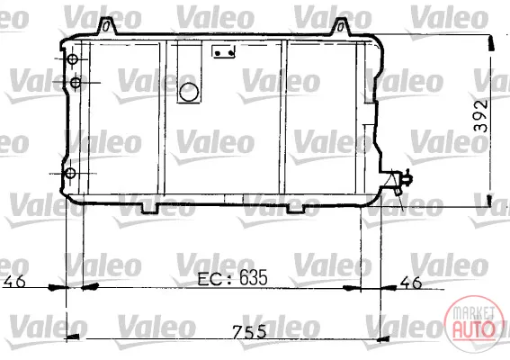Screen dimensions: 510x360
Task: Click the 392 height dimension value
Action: [481, 115]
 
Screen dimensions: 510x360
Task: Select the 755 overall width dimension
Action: [249, 332]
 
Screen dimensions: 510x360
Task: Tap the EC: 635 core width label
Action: [232, 278]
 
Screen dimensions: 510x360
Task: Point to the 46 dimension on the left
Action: [13, 281]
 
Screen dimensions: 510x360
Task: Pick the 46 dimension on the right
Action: [411, 283]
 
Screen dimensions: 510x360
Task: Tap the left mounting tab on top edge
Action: [107, 26]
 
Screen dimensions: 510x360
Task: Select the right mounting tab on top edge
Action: [341, 27]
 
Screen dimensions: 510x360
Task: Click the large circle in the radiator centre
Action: [189, 92]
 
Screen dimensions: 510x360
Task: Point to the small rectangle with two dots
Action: [223, 52]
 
